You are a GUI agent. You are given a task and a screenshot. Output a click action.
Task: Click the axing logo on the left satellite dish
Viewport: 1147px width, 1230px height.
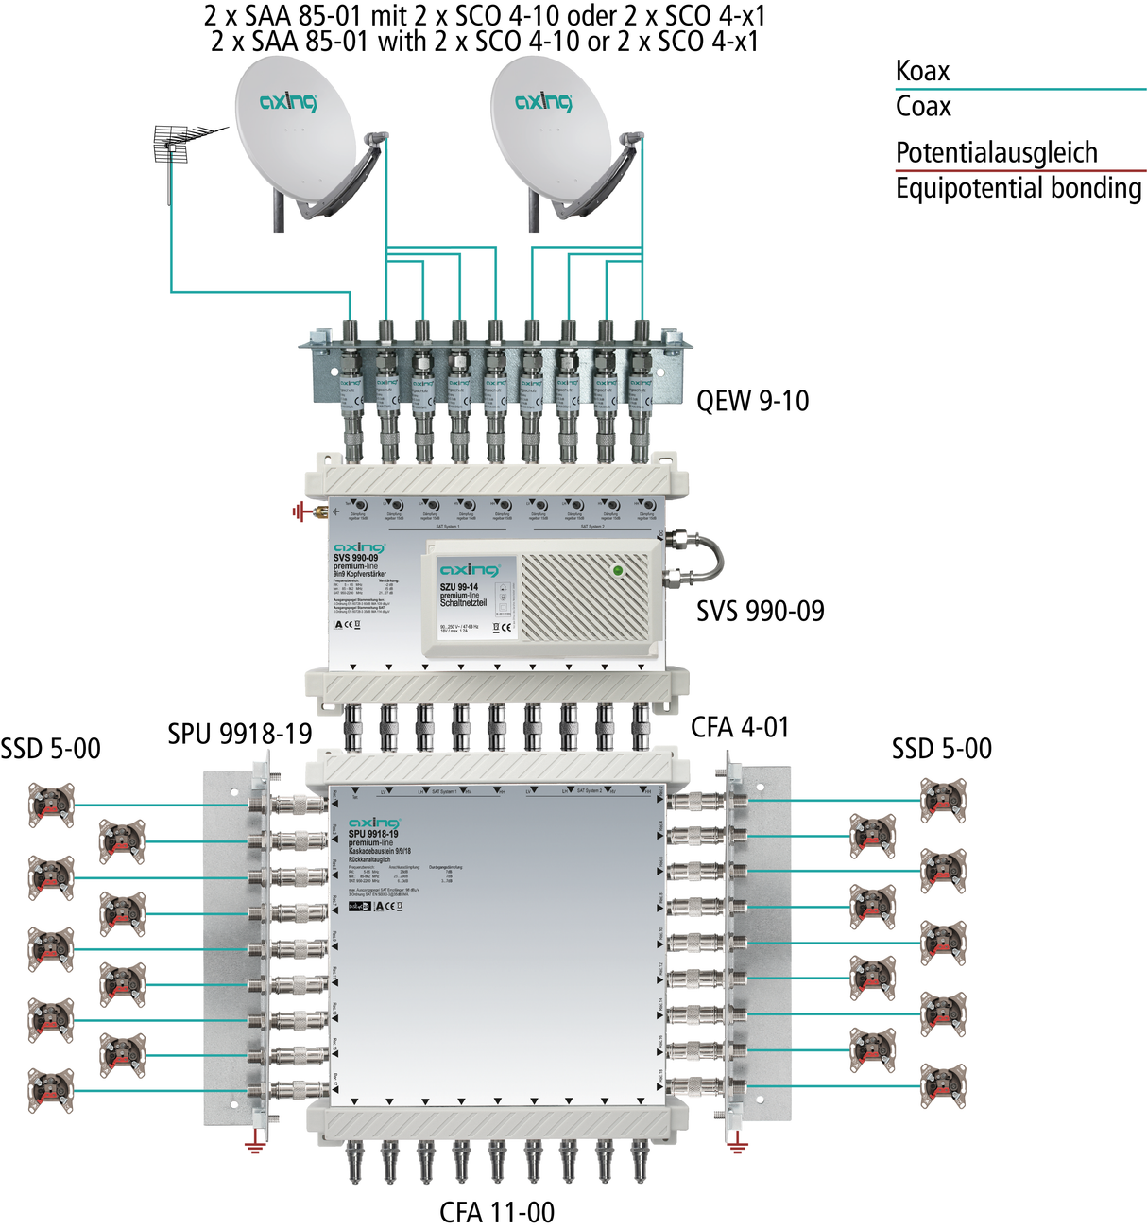point(289,101)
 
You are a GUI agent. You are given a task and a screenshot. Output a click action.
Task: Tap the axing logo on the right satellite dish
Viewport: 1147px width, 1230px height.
point(543,101)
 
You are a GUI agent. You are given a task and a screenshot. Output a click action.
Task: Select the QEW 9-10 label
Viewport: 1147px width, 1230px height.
point(752,401)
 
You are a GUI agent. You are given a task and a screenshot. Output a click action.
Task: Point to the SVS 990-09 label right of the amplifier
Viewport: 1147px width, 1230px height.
point(761,612)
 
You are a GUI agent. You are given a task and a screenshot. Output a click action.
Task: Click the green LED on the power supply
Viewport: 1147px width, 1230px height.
point(618,570)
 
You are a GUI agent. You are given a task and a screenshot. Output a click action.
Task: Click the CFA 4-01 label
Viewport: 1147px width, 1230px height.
point(740,727)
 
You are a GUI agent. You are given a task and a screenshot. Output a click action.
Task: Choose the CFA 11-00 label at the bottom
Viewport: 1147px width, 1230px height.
point(497,1212)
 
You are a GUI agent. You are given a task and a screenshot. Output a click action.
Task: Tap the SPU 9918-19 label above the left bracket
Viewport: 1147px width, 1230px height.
point(240,734)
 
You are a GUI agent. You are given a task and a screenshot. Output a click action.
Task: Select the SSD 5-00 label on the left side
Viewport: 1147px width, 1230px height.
point(50,749)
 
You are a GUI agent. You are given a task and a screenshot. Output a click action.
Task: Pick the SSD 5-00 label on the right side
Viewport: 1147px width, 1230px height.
point(942,749)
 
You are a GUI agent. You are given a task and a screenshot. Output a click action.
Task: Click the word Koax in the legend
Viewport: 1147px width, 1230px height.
point(922,71)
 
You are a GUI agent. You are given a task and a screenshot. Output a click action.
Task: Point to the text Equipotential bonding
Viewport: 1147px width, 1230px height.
point(1019,188)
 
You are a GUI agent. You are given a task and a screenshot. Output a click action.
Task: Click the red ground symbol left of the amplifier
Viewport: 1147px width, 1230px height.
point(300,512)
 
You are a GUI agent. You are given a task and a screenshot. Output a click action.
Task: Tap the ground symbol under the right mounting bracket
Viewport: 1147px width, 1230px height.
point(738,1146)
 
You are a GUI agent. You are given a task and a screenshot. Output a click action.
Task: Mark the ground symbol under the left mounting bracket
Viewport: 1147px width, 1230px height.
point(254,1146)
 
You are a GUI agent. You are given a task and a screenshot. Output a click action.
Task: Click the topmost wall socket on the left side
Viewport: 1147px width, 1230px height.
point(51,805)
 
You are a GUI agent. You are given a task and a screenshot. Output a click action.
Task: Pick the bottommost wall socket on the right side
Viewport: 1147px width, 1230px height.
point(943,1086)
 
